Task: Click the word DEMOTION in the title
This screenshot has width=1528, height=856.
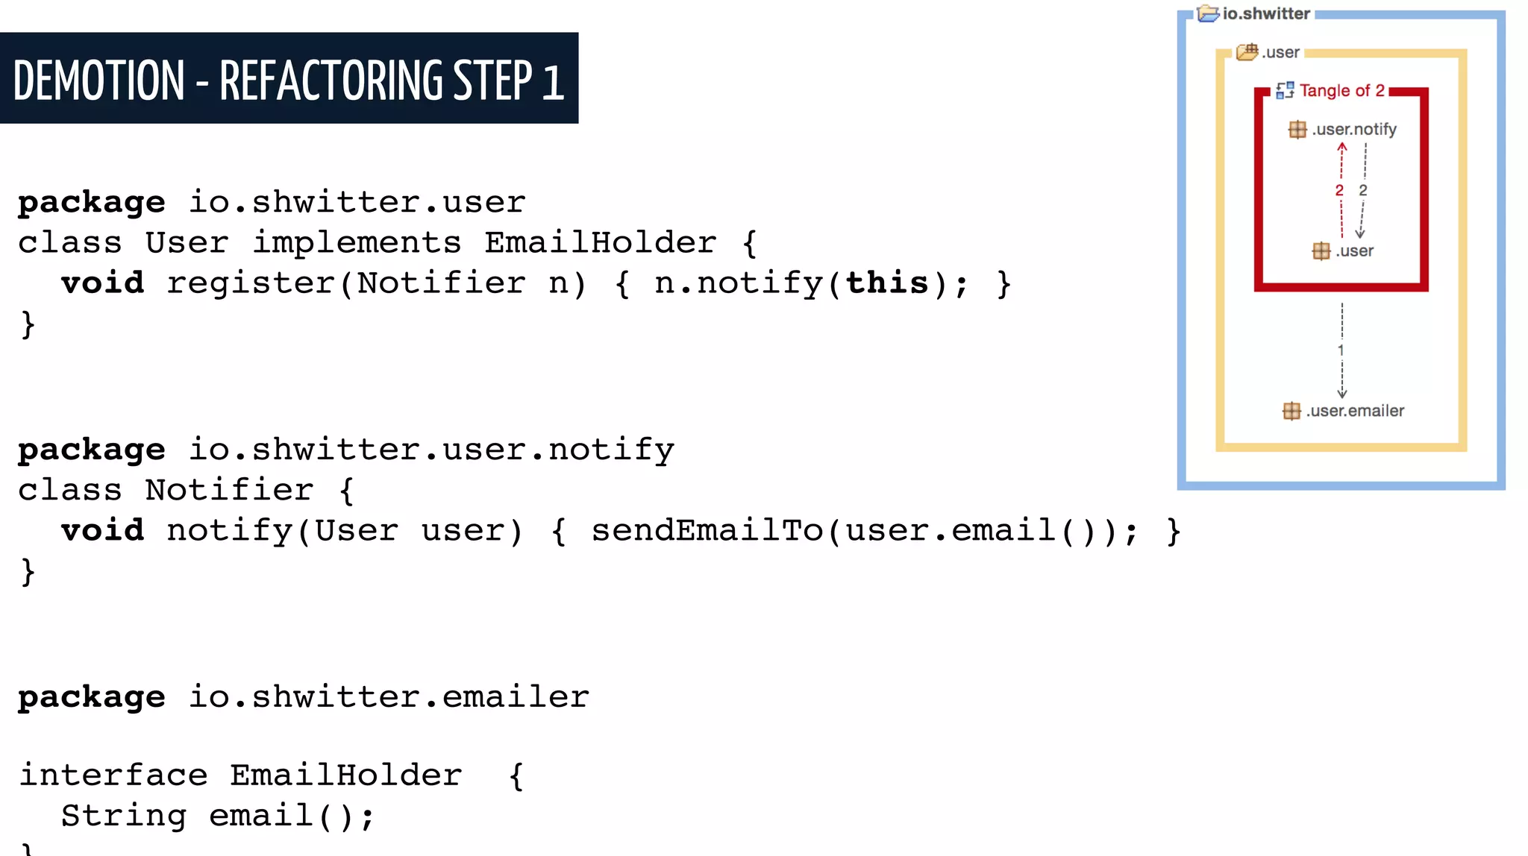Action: click(98, 81)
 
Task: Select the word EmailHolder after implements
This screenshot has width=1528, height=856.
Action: click(600, 243)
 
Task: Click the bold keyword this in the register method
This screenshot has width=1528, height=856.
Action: click(887, 283)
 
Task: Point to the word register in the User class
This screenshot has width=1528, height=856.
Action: click(251, 283)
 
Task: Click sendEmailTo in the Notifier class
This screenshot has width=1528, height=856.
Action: click(707, 531)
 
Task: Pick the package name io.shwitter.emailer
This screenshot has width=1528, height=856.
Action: click(389, 697)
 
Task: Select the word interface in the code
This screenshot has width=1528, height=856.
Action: click(113, 775)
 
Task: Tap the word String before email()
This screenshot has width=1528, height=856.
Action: click(124, 816)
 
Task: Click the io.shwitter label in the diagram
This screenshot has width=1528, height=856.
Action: click(1266, 13)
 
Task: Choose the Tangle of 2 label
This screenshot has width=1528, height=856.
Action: click(1341, 91)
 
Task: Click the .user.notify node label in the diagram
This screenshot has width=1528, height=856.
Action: click(1353, 130)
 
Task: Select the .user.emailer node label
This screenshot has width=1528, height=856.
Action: click(1355, 411)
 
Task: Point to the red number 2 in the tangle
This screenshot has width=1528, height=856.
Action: click(1339, 191)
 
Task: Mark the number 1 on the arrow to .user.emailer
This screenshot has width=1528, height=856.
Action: click(1341, 350)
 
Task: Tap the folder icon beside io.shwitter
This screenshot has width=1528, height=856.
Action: click(1208, 13)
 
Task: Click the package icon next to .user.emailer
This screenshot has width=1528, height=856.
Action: click(1291, 411)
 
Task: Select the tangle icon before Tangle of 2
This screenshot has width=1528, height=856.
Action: click(1285, 91)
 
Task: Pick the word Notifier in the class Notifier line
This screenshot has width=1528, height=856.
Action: click(229, 491)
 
